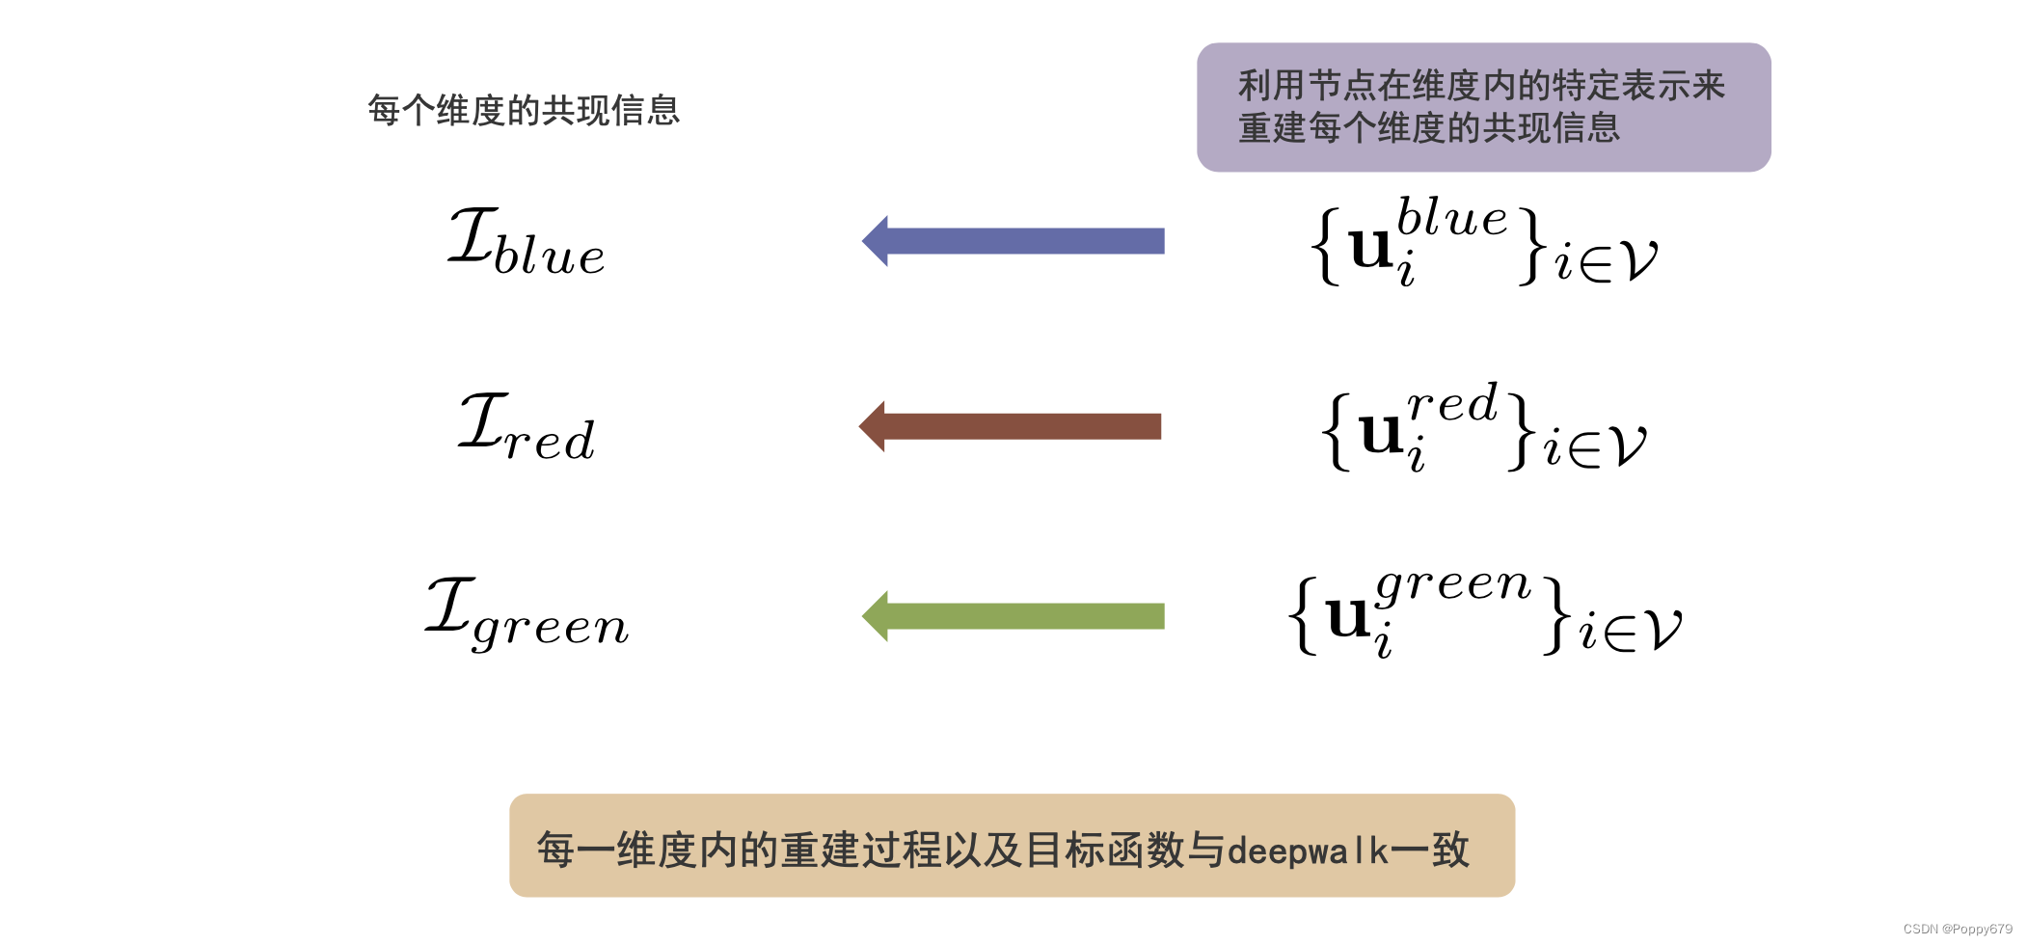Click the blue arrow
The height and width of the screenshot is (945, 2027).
pyautogui.click(x=1013, y=241)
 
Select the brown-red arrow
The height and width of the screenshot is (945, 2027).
pyautogui.click(x=1011, y=426)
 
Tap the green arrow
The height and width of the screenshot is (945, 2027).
pyautogui.click(x=1013, y=616)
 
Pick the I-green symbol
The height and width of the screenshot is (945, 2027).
pyautogui.click(x=527, y=613)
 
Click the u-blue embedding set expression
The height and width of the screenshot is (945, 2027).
pyautogui.click(x=1484, y=242)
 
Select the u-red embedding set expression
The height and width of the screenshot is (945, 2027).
pyautogui.click(x=1484, y=428)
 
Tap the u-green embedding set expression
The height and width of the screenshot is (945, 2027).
pyautogui.click(x=1485, y=613)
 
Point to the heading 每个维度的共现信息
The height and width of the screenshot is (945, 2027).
pyautogui.click(x=524, y=110)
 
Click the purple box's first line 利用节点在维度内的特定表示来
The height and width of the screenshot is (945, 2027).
pyautogui.click(x=1481, y=86)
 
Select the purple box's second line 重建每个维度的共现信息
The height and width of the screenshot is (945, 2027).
pyautogui.click(x=1428, y=128)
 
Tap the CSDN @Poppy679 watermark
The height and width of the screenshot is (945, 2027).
pyautogui.click(x=1957, y=929)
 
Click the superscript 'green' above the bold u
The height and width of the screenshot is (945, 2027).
pyautogui.click(x=1453, y=584)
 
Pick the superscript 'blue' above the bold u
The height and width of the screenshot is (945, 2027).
pyautogui.click(x=1451, y=217)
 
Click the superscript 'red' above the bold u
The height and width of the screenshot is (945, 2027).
pyautogui.click(x=1452, y=403)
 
